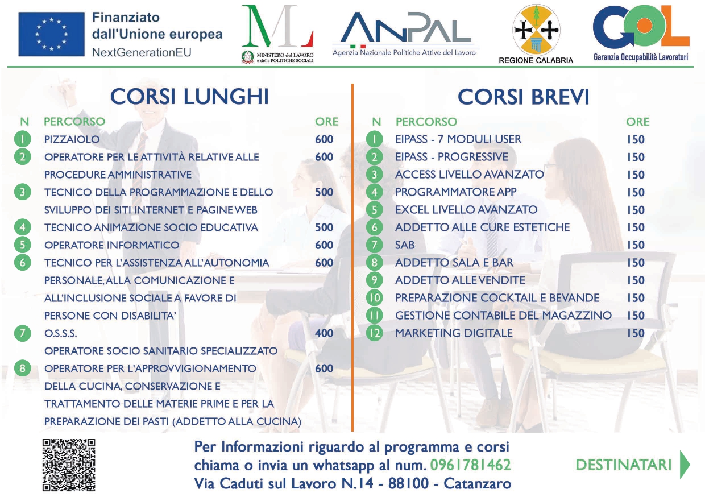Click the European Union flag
[51, 34]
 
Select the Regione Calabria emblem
[536, 30]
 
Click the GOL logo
[641, 32]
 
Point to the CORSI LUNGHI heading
[189, 96]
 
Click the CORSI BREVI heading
[523, 97]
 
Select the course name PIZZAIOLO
[72, 139]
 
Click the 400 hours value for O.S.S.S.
[324, 333]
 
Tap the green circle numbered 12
[375, 333]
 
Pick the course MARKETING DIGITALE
[454, 333]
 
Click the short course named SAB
[405, 245]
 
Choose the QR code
[69, 465]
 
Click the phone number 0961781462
[470, 465]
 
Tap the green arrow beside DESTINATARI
[685, 465]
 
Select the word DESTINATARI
[623, 465]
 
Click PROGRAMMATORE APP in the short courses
[456, 192]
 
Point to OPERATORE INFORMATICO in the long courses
[112, 245]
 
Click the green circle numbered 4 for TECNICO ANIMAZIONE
[23, 227]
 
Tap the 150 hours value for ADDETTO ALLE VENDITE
[636, 280]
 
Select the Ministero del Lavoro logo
[277, 34]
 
